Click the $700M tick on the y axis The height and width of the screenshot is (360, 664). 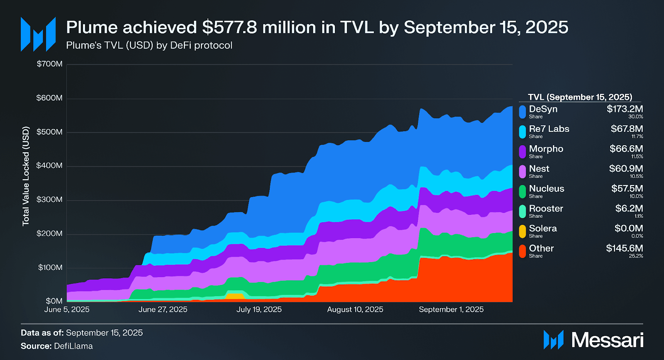click(50, 64)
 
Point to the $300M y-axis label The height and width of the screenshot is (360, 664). click(50, 199)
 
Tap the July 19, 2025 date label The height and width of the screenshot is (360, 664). click(259, 309)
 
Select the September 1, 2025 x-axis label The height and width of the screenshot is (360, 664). click(451, 309)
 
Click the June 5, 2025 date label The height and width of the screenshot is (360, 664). click(67, 309)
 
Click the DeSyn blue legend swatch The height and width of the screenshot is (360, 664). click(522, 112)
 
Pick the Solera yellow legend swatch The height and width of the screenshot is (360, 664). click(522, 231)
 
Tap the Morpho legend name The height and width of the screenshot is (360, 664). click(546, 149)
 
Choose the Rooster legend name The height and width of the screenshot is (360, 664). click(546, 209)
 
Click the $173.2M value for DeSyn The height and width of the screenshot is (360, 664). click(625, 109)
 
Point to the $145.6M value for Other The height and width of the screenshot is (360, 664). click(624, 248)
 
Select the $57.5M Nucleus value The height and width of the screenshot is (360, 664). click(627, 189)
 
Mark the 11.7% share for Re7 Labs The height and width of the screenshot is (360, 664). click(637, 136)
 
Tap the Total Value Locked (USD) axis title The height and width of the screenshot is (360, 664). click(26, 176)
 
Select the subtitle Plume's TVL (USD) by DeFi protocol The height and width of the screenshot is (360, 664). click(149, 45)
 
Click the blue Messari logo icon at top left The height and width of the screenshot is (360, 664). click(38, 34)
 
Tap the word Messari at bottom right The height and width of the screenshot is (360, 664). click(607, 340)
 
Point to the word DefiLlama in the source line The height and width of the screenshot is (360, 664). click(73, 346)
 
